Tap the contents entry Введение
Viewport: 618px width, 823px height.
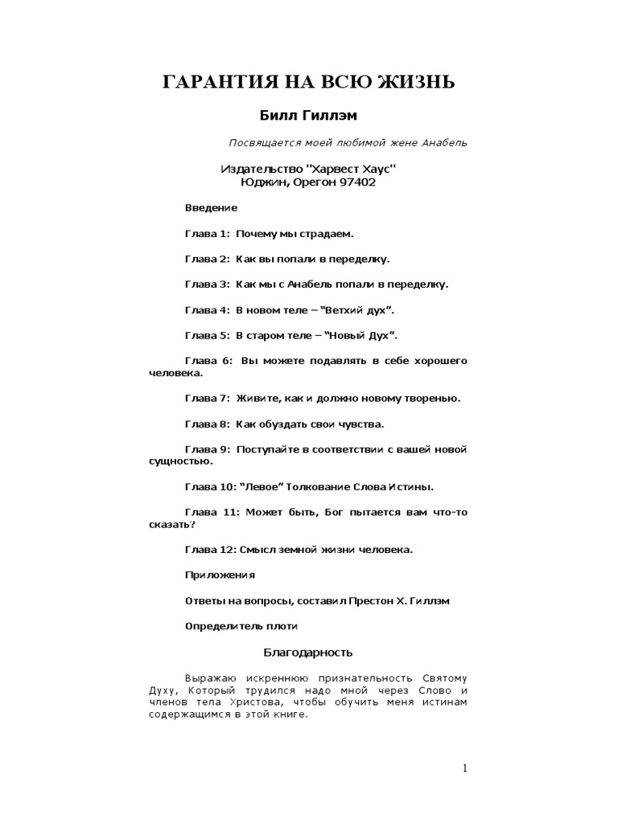coord(211,207)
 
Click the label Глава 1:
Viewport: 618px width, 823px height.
coord(207,233)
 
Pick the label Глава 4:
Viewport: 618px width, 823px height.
coord(207,309)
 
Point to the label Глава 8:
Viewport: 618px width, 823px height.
coord(207,424)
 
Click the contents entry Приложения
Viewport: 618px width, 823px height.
coord(220,575)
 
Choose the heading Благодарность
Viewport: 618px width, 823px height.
coord(308,652)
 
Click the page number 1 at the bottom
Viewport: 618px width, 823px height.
coord(464,768)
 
